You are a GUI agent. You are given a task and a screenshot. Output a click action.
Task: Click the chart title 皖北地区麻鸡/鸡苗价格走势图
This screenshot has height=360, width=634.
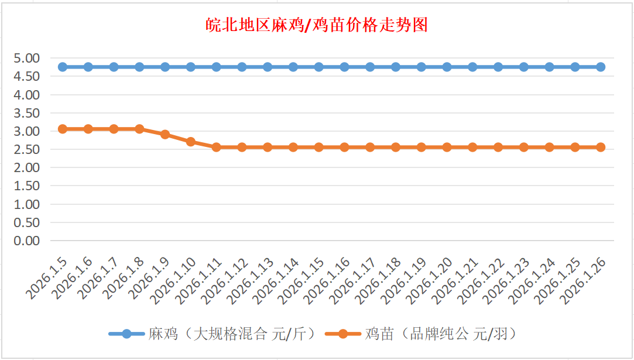(x=317, y=25)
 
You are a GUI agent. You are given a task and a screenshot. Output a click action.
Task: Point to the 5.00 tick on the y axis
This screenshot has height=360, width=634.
(x=27, y=58)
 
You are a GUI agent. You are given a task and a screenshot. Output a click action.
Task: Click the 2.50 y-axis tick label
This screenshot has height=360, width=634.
(x=27, y=149)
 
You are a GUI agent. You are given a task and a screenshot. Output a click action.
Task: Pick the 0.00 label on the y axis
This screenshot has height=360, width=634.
(x=27, y=241)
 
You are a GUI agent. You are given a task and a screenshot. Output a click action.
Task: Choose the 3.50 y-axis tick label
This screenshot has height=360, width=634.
(x=27, y=113)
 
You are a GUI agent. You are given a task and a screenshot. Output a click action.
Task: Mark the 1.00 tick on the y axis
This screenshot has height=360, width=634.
(x=27, y=204)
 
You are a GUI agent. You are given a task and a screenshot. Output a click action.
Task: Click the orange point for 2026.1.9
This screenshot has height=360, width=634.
(x=165, y=134)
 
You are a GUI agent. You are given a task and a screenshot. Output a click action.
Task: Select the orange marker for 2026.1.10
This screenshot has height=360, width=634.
(x=191, y=142)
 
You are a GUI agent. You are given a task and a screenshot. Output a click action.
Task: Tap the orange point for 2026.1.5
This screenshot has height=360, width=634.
(x=63, y=129)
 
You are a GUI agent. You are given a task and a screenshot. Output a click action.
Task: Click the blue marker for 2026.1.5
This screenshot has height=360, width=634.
(x=63, y=67)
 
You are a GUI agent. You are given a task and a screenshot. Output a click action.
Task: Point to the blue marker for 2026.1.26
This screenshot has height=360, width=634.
(x=601, y=67)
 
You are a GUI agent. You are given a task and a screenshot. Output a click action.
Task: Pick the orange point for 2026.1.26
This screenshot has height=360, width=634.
(x=601, y=147)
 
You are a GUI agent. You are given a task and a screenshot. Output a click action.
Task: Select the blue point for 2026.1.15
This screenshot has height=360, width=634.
(x=319, y=67)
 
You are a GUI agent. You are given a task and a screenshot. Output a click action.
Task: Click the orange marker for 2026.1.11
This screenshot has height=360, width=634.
(x=216, y=147)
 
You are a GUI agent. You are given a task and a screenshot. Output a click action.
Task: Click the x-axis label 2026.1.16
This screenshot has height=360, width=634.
(x=327, y=280)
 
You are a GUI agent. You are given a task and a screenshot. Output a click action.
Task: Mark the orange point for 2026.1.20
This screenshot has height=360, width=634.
(x=447, y=147)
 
